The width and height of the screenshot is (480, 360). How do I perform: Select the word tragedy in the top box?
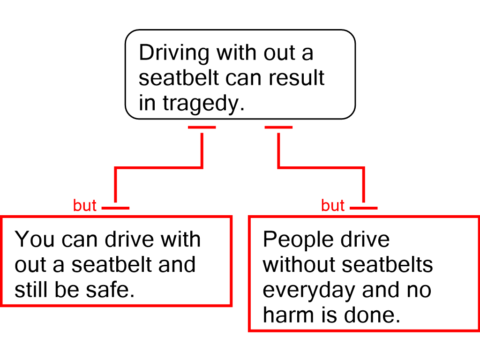pos(201,104)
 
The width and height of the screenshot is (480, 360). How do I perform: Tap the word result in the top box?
pos(296,78)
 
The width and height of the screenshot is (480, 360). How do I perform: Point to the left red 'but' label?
pos(85,205)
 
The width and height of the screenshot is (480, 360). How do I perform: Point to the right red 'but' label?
pos(333,205)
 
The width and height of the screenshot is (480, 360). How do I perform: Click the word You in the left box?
pos(35,239)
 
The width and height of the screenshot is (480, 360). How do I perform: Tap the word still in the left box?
pos(32,290)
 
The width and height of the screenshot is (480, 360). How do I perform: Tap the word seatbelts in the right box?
pos(387,264)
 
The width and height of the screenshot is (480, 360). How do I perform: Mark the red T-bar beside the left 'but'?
pos(115,208)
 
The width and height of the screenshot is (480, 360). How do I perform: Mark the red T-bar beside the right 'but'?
pos(364,208)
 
